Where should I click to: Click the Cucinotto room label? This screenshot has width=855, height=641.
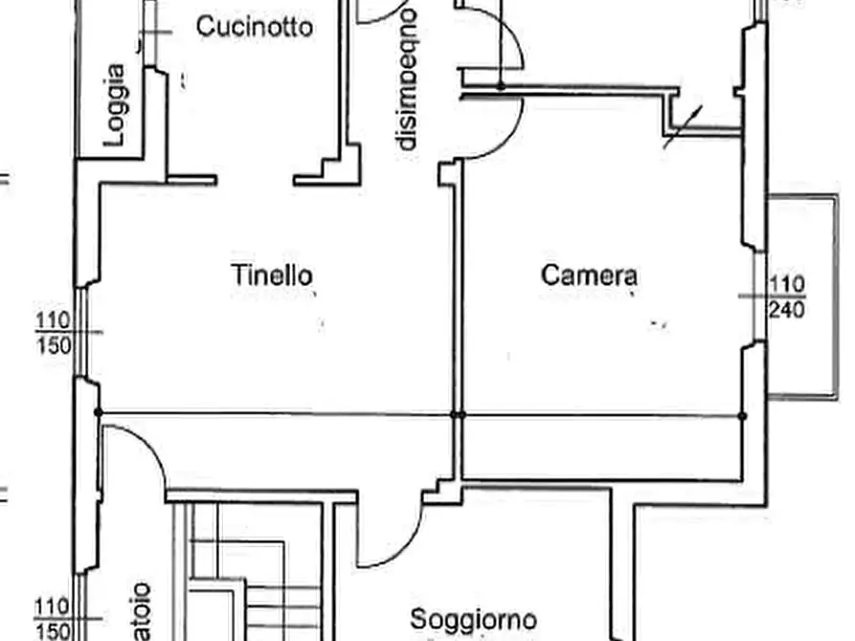(254, 27)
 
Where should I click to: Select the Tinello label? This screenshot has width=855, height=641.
(272, 276)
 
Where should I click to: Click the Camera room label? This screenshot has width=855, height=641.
(590, 276)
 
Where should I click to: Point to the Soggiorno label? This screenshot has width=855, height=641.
(473, 620)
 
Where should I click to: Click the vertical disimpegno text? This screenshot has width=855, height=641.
(408, 78)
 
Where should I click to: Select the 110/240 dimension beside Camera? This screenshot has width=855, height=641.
(786, 297)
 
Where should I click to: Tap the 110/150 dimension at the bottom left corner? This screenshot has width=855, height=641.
(54, 618)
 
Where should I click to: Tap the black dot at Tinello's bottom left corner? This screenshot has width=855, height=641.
(99, 412)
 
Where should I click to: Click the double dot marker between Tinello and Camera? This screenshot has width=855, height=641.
(458, 414)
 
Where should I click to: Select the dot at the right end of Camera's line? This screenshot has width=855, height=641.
(742, 415)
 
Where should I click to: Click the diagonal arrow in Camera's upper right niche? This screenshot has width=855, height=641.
(684, 127)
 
